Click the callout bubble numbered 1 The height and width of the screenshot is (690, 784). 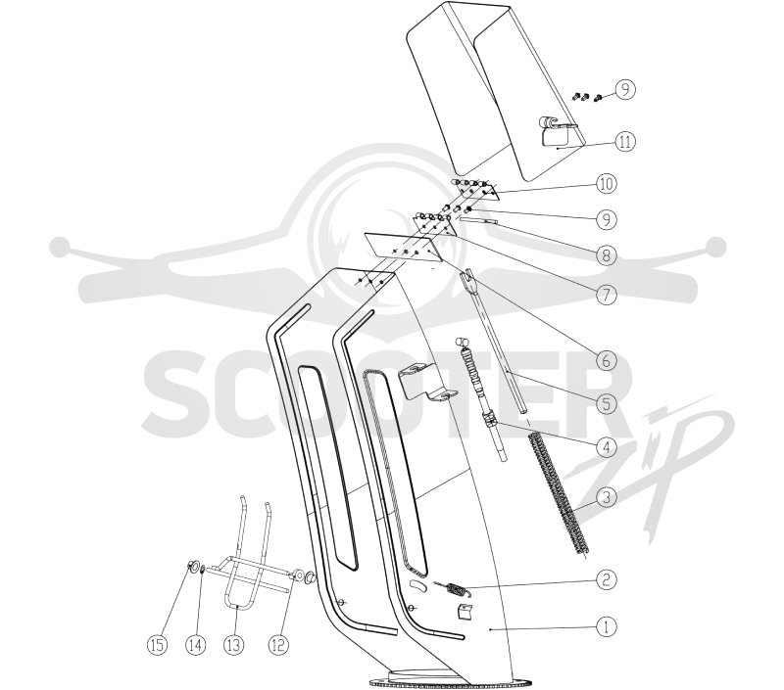(x=606, y=626)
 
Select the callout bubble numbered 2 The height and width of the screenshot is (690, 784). (x=606, y=579)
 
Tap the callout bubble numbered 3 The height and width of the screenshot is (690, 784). (x=606, y=497)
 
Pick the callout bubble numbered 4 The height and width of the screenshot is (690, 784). (x=606, y=446)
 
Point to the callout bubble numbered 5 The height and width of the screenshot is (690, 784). (x=606, y=402)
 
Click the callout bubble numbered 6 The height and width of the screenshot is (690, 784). (x=606, y=359)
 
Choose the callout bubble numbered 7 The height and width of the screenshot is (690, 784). (x=606, y=295)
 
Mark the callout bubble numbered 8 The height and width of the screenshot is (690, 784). (x=606, y=255)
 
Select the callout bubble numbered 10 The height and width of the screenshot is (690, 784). (x=606, y=184)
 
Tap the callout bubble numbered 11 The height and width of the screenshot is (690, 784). (x=625, y=142)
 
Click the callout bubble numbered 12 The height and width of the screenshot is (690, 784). (x=278, y=645)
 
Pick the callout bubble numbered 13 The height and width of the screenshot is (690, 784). (x=233, y=645)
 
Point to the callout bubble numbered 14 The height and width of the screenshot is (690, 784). (x=195, y=645)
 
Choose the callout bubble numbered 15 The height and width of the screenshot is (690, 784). (x=157, y=645)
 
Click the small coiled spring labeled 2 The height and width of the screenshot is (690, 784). (x=453, y=589)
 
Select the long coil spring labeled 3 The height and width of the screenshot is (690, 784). (x=559, y=493)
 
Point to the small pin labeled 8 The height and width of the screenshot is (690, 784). (x=478, y=219)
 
